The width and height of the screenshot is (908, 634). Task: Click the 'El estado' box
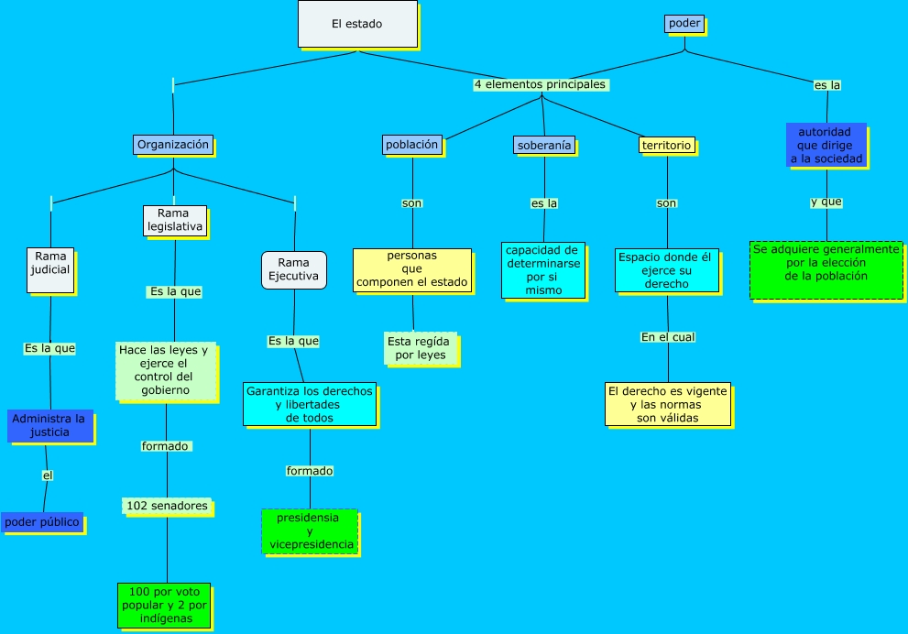357,24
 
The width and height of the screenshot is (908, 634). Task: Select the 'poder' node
684,24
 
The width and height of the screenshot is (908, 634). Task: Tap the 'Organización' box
173,145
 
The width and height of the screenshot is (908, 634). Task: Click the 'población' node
412,145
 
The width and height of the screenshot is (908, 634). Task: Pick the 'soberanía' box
543,146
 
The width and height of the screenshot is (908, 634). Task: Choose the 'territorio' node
666,146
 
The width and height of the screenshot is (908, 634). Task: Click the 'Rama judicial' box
50,270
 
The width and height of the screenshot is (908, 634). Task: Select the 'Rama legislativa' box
175,221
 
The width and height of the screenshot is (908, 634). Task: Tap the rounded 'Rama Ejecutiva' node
293,269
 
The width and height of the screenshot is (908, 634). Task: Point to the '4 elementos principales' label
541,84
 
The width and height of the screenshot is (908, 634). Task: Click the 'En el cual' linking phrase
668,337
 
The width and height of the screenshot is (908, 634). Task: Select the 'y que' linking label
826,202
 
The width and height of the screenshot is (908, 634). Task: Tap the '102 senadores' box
167,506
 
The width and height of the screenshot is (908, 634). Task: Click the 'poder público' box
42,522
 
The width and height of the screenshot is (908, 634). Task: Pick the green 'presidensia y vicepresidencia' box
310,531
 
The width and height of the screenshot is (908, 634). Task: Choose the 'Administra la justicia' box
50,425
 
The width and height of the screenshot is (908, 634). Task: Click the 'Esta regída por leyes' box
420,348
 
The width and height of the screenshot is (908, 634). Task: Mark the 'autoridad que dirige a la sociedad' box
826,145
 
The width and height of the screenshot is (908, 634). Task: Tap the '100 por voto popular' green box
164,605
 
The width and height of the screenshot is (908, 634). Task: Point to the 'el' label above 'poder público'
48,475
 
